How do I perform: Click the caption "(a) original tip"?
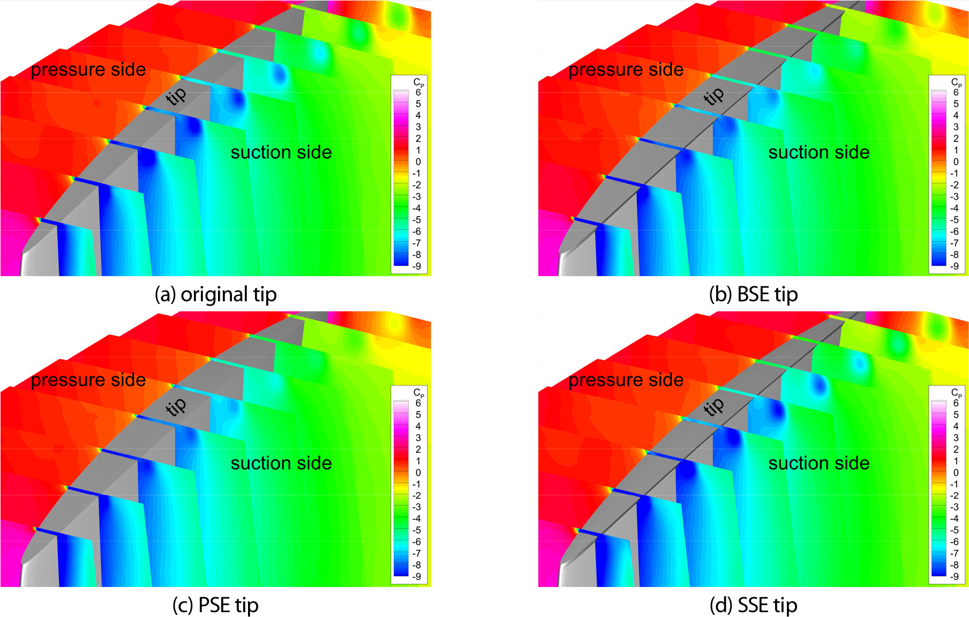coord(215,294)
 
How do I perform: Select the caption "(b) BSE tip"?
coord(753,294)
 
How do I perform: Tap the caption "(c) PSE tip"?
coord(215,605)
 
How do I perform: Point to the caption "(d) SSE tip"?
coord(753,605)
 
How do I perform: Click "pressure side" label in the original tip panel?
coord(88,70)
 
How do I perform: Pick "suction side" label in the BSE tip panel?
coord(819,153)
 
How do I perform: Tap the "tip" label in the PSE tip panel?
coord(176,406)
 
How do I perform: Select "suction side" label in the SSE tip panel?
coord(819,463)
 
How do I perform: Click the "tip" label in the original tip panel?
coord(176,96)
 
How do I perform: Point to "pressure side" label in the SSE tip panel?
coord(626,380)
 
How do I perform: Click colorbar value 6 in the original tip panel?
coord(418,93)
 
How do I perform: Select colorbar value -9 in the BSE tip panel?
coord(955,266)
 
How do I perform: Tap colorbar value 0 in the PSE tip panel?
coord(418,472)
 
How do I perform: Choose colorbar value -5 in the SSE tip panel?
coord(955,530)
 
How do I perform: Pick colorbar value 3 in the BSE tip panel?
coord(956,127)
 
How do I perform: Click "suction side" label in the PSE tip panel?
coord(281,463)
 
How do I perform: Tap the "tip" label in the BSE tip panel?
coord(713,96)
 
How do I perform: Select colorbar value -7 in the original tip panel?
coord(417,243)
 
